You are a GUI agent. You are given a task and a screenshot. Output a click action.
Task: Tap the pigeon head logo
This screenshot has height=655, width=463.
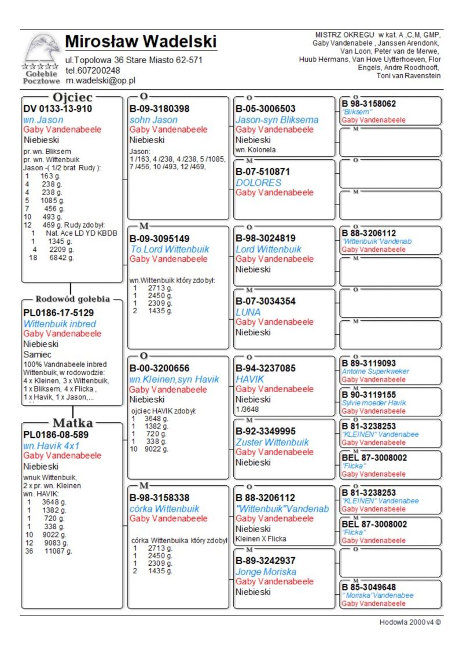(42, 50)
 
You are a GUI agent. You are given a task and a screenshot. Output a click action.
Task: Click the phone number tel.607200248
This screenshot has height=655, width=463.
(93, 71)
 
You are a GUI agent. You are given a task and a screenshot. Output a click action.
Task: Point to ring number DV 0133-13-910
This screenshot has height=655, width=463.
(57, 109)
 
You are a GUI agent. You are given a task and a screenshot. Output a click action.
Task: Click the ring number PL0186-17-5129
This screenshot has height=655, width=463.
(60, 313)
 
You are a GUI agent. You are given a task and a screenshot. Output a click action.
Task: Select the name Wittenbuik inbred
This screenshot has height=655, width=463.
(60, 324)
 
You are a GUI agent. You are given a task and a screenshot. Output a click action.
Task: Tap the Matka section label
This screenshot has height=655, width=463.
(73, 423)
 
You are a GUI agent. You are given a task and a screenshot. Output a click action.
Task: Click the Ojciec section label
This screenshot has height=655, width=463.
(72, 97)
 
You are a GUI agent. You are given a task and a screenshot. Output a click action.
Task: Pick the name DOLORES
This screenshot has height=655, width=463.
(258, 182)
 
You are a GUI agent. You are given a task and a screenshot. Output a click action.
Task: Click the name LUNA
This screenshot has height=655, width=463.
(248, 312)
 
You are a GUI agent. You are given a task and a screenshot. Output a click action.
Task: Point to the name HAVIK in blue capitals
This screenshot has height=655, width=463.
(250, 379)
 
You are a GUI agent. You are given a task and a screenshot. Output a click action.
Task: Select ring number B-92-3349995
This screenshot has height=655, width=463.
(274, 431)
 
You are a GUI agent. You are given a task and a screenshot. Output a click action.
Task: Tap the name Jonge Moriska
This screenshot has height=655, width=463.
(266, 572)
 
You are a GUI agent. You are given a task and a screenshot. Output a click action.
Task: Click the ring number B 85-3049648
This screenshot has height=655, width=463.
(369, 587)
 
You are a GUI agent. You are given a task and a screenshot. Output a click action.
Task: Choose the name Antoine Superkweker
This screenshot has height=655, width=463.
(375, 371)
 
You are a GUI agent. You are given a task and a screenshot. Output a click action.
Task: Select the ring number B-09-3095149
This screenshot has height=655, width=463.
(159, 238)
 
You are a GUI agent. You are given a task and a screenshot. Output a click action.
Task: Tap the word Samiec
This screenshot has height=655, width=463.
(38, 354)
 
